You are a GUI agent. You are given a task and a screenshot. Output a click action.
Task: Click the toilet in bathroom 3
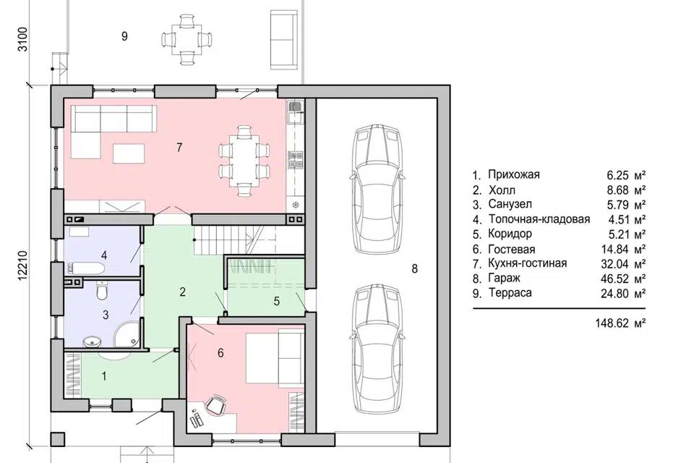(102, 290)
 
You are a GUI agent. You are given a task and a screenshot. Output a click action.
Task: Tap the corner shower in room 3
(127, 334)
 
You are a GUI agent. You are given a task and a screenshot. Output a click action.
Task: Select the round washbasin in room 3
(92, 341)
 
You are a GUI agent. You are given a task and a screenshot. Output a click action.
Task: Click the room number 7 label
(179, 147)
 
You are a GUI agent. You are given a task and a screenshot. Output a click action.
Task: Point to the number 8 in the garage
(414, 268)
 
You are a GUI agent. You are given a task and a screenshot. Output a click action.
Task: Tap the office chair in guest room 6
(216, 405)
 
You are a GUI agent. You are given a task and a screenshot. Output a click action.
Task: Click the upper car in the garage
(377, 188)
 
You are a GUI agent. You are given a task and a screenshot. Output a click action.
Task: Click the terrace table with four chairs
(187, 40)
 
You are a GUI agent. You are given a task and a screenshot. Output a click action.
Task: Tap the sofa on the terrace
(283, 39)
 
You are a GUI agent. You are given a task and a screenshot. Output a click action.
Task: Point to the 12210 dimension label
(22, 266)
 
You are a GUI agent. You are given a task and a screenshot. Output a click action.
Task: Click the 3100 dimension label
(22, 40)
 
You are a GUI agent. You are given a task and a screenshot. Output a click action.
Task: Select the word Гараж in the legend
(504, 279)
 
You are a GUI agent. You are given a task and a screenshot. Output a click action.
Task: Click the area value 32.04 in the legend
(614, 264)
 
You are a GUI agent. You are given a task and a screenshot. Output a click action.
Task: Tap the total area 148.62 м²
(620, 323)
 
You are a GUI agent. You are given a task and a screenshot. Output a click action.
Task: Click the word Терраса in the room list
(510, 293)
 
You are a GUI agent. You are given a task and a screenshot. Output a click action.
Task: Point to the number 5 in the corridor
(277, 302)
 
